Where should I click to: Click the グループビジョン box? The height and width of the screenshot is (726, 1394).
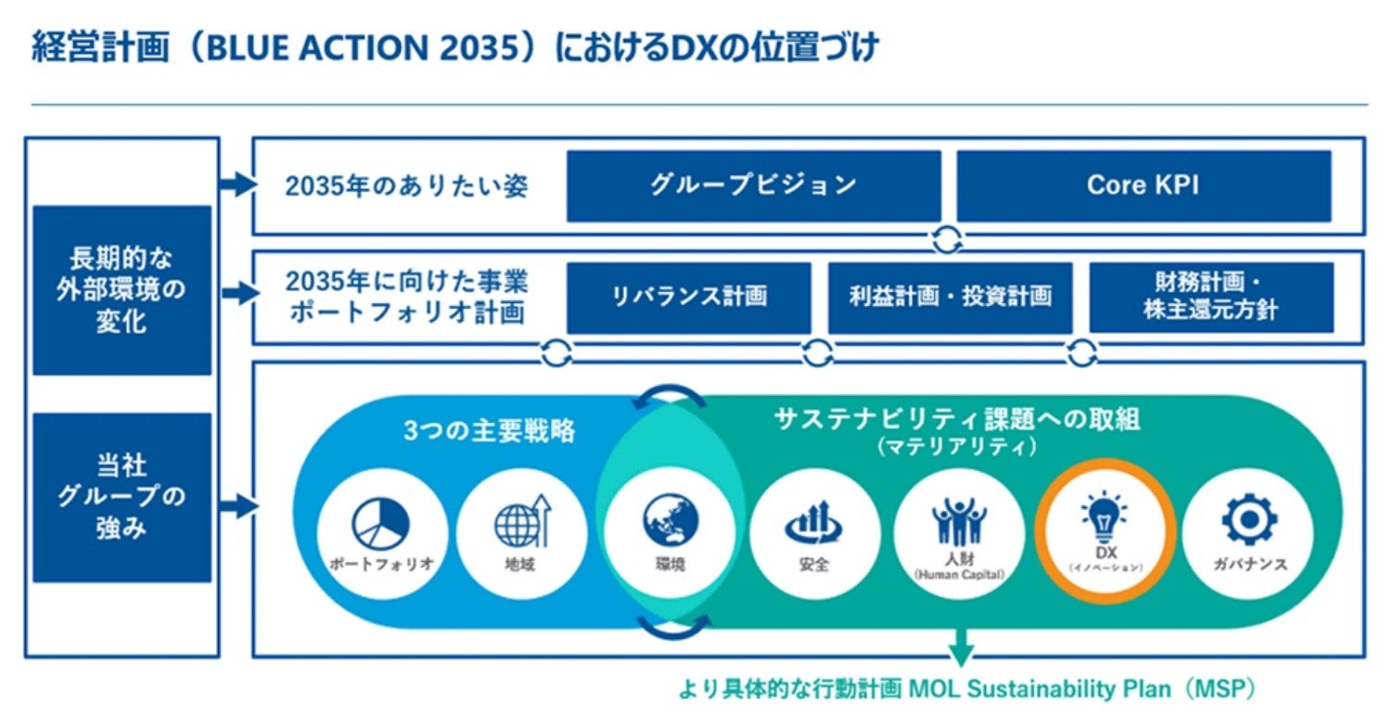[753, 185]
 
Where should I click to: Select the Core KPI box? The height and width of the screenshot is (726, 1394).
[1143, 185]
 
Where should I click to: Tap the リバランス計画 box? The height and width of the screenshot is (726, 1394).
[689, 297]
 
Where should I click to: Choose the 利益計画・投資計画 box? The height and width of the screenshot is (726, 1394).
[950, 297]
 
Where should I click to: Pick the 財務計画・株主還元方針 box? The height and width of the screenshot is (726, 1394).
[1210, 297]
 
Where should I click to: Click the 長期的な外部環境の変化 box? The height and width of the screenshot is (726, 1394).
[121, 290]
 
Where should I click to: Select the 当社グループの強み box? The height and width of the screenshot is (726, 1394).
[121, 497]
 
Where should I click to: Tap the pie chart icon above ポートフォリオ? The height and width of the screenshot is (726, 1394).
[381, 522]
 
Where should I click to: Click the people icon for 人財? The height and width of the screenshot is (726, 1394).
[959, 521]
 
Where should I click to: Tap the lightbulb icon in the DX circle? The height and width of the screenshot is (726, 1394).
[1104, 512]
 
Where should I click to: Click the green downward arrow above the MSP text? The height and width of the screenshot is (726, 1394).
[961, 646]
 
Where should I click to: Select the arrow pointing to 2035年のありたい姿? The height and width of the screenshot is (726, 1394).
[237, 185]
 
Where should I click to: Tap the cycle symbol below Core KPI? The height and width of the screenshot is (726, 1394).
[947, 239]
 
